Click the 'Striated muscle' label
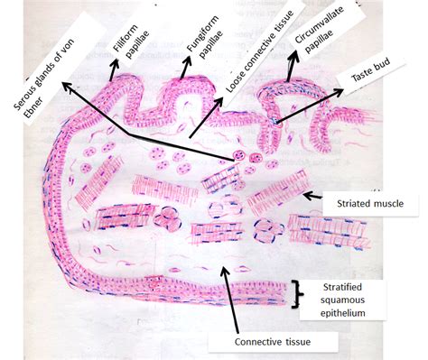point(370,204)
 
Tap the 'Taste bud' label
point(370,69)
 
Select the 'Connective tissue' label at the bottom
point(273,342)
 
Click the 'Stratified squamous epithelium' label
point(342,300)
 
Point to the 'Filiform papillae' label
point(131,41)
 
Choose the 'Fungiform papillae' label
point(205,36)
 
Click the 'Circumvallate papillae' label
point(320,30)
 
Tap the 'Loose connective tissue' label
point(259,51)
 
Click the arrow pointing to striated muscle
point(312,196)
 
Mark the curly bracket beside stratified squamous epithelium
point(297,294)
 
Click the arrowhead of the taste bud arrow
point(339,91)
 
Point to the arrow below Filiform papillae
point(114,69)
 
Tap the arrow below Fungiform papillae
point(184,68)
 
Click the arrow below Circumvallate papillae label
point(292,66)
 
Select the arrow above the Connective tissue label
point(230,299)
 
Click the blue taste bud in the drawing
point(275,121)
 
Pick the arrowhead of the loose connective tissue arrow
point(218,102)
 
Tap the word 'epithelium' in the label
point(342,313)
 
